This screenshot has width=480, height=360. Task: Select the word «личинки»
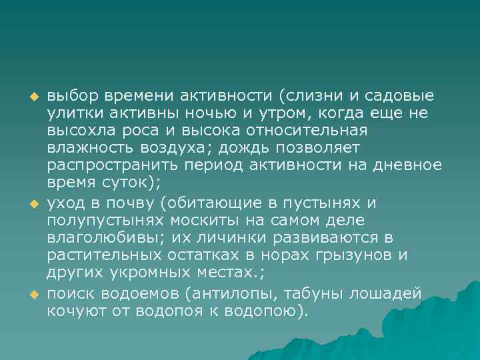[231, 238]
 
